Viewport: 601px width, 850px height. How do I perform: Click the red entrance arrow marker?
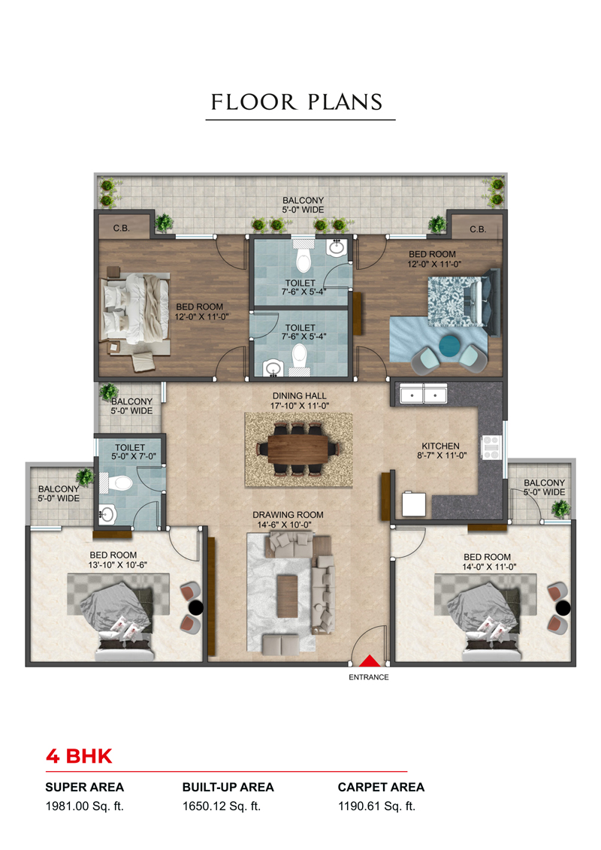point(370,661)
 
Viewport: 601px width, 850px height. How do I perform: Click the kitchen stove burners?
point(491,448)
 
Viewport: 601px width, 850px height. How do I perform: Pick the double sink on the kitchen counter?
point(423,394)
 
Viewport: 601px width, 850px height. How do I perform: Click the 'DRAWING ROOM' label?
point(288,515)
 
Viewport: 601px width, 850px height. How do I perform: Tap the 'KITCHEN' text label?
point(440,446)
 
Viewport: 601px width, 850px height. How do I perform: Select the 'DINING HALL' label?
point(299,396)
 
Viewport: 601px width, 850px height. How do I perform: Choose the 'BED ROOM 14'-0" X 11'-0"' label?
point(488,561)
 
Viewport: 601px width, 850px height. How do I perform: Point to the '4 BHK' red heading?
point(79,756)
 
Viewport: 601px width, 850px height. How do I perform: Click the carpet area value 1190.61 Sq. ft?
point(376,806)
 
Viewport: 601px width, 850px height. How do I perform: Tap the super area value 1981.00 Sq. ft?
point(85,806)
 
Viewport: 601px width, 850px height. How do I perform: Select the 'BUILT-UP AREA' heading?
point(228,787)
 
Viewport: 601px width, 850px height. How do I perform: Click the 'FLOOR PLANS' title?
point(297,102)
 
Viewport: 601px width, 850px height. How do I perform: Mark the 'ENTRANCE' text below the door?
point(369,677)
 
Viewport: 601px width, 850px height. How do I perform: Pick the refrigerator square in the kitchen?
point(414,504)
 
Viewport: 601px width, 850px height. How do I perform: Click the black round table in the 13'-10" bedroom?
point(196,608)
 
